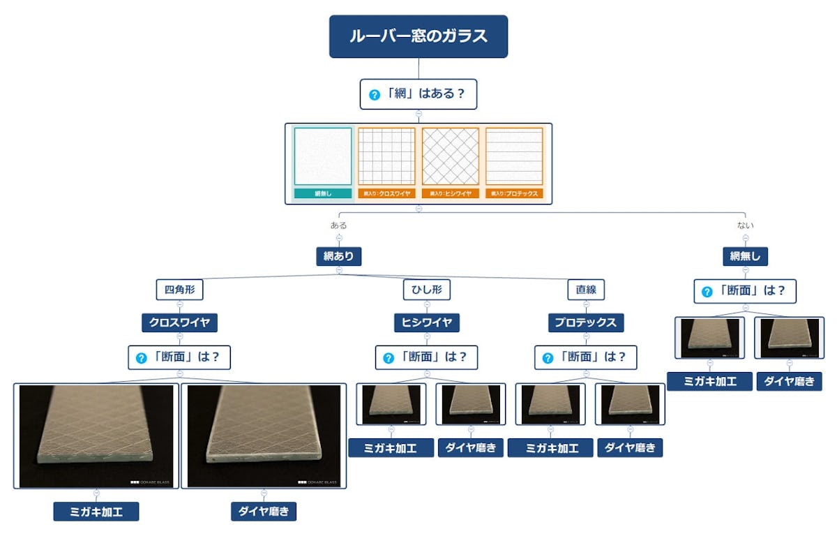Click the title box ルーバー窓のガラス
point(418,36)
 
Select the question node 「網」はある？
point(418,94)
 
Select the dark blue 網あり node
point(339,256)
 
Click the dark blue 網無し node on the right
point(745,256)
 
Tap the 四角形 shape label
point(179,289)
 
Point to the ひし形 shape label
point(427,289)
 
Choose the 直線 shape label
point(586,289)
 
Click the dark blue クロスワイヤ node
point(179,322)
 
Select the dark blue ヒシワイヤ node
point(427,322)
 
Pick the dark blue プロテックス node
point(586,322)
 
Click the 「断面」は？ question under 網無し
point(745,291)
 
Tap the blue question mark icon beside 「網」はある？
point(375,95)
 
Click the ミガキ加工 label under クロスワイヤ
point(96,512)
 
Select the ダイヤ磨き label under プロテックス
point(630,448)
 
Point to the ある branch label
point(339,225)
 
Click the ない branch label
point(745,225)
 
